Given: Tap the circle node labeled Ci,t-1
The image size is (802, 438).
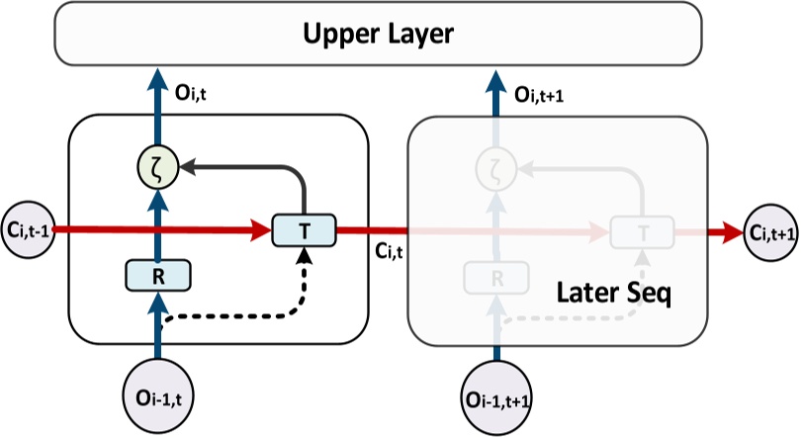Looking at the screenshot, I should click(29, 230).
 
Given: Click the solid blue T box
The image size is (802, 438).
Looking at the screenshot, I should click(304, 230).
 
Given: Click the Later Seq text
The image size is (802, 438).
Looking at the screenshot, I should click(613, 294).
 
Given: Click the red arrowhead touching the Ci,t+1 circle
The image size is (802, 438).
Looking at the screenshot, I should click(733, 232).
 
